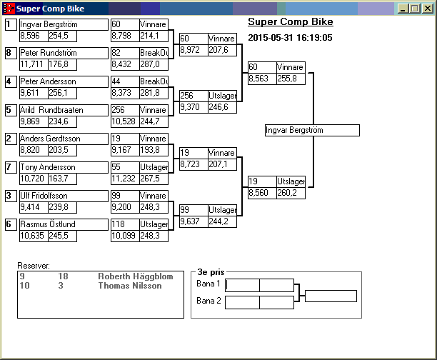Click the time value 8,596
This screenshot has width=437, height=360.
click(30, 36)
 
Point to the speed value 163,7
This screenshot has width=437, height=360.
click(58, 179)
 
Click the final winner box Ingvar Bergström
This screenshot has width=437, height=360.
click(311, 131)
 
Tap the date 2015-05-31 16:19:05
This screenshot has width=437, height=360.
click(290, 36)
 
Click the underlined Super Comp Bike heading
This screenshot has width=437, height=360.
click(281, 21)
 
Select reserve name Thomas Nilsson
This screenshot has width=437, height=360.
click(129, 286)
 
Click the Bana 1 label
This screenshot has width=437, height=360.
click(209, 284)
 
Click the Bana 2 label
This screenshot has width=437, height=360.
click(209, 301)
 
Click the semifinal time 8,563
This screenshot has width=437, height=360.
click(260, 79)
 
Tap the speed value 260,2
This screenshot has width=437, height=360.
click(290, 193)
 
